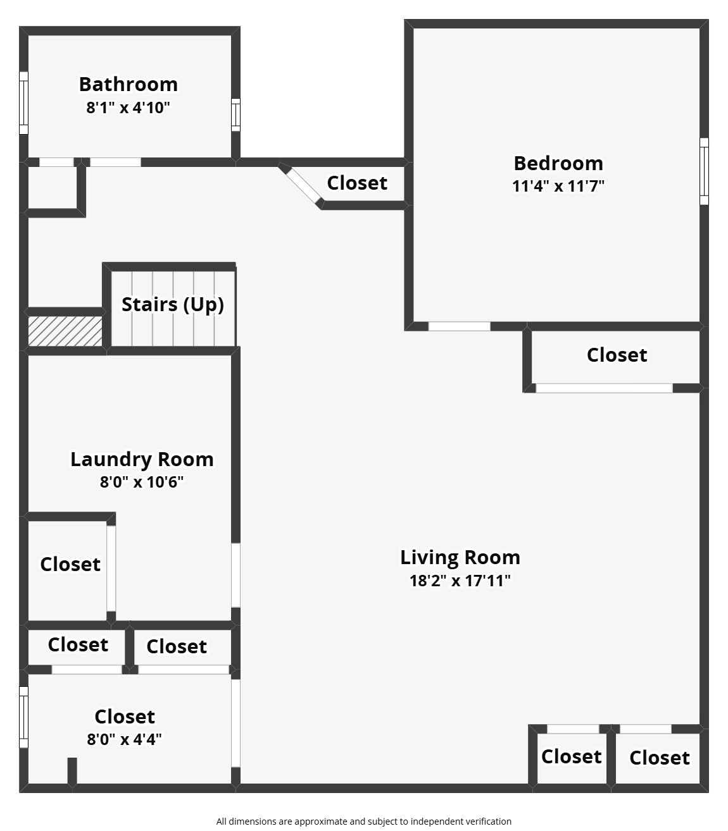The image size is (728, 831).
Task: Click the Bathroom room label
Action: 129,85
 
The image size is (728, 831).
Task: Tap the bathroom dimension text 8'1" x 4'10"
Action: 128,108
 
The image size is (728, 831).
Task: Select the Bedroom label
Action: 558,163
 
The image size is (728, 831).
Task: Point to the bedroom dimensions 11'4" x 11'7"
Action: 558,186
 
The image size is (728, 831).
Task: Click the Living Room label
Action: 460,557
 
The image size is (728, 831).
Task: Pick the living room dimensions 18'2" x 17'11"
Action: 460,581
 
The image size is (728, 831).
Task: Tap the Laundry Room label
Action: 142,459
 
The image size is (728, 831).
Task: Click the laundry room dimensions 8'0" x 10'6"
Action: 141,482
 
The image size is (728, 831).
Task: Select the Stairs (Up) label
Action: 173,305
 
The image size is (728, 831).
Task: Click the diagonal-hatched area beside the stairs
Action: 65,331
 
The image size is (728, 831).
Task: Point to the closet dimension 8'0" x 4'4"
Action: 124,739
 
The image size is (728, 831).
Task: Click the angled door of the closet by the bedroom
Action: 302,185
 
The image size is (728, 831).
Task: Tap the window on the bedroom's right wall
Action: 704,171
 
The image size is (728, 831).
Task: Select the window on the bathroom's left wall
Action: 24,103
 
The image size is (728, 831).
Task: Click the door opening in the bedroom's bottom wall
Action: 460,326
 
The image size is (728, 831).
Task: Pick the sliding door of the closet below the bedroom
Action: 604,388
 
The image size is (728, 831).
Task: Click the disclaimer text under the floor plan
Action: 364,822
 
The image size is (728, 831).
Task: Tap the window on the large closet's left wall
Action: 24,717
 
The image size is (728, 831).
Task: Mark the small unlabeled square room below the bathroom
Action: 53,188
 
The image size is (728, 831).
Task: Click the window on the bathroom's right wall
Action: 235,115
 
